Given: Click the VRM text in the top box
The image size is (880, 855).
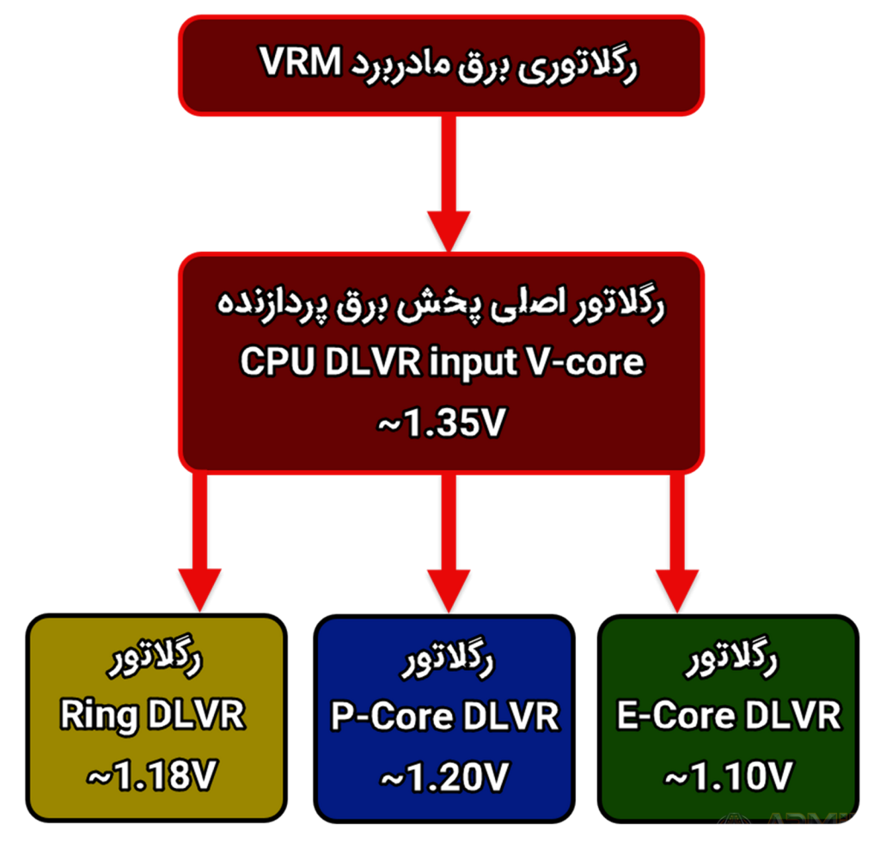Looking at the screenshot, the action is point(300,61).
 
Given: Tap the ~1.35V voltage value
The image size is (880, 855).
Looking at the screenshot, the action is point(442,423).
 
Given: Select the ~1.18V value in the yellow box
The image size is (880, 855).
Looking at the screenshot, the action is point(151,775).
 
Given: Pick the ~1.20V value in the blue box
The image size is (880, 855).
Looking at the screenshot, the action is point(444,777).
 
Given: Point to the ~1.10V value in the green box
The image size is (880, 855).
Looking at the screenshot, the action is point(729,777).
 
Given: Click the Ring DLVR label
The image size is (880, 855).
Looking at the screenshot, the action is point(153,715).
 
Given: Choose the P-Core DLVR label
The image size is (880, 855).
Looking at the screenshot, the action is point(445,717).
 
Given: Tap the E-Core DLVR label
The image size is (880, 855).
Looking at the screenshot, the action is point(729,716).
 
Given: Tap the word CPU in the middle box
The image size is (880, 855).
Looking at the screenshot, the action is point(278,361).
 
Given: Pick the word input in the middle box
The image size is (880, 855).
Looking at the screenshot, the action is point(474,363).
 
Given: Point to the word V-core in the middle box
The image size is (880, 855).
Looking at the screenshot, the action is point(585,362).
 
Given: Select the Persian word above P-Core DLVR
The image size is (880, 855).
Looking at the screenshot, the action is point(447,658).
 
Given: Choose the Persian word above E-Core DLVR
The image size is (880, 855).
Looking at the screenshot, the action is point(731,657).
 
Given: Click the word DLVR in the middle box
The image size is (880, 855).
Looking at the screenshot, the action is point(373,361).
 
